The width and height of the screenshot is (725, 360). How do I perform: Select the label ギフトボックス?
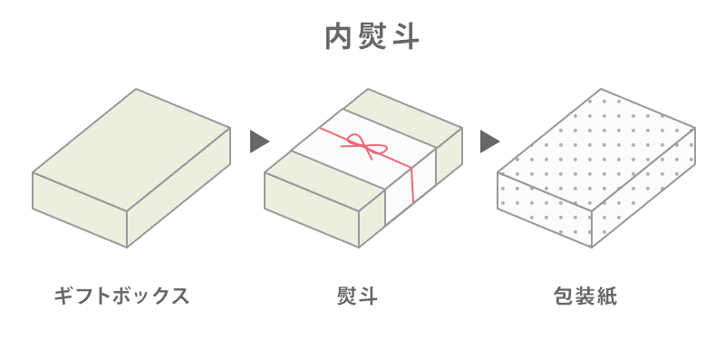tap(121, 297)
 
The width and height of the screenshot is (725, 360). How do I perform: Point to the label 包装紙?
tap(585, 297)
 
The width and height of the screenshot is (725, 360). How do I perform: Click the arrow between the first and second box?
tap(260, 141)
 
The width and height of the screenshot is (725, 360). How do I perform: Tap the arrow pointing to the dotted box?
tap(490, 141)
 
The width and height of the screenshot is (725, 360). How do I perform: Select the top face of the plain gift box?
tap(131, 136)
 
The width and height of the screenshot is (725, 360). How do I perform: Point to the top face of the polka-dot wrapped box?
tap(598, 136)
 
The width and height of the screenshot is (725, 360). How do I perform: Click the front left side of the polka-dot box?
tap(544, 208)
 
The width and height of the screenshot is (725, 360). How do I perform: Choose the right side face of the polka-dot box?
tap(645, 191)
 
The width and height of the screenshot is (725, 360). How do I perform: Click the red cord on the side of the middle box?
tap(411, 186)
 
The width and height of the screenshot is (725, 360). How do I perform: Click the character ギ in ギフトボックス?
tap(63, 297)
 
